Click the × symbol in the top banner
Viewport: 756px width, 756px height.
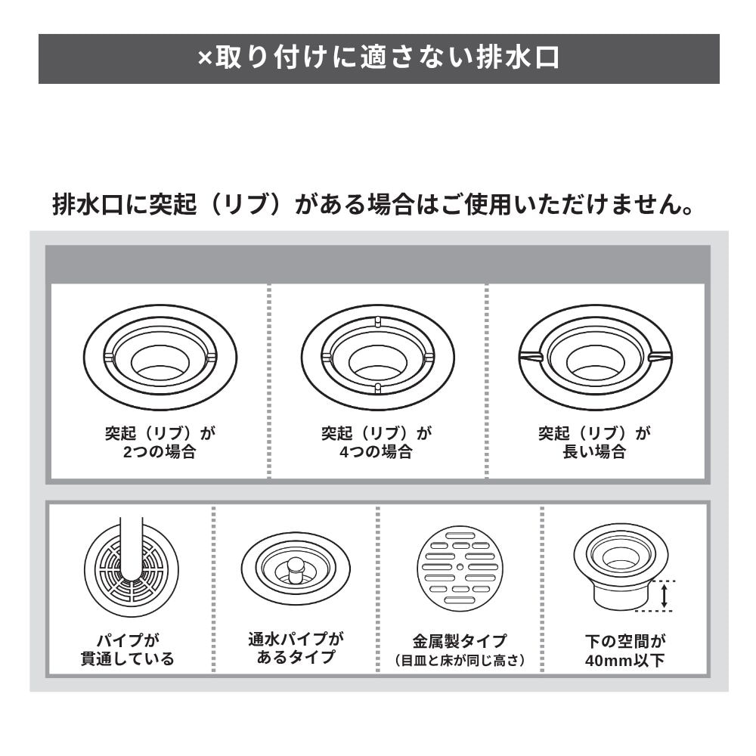pyautogui.click(x=206, y=59)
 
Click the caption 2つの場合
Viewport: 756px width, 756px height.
pyautogui.click(x=160, y=452)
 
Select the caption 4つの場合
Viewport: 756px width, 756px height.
pyautogui.click(x=376, y=452)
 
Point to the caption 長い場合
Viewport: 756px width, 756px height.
pyautogui.click(x=594, y=452)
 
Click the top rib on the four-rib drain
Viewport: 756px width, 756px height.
pyautogui.click(x=377, y=321)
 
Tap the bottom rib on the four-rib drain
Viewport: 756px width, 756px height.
pyautogui.click(x=377, y=388)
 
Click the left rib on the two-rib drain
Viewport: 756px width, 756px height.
pyautogui.click(x=108, y=358)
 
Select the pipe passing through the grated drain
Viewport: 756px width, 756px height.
pyautogui.click(x=131, y=552)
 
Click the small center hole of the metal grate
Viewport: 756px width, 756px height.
pyautogui.click(x=460, y=567)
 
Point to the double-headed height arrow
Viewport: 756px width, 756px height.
pyautogui.click(x=664, y=596)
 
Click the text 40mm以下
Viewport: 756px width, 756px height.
pyautogui.click(x=625, y=660)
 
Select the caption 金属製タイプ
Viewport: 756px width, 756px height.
pyautogui.click(x=460, y=641)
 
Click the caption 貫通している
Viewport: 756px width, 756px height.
pyautogui.click(x=128, y=658)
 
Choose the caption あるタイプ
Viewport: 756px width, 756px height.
pyautogui.click(x=296, y=657)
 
